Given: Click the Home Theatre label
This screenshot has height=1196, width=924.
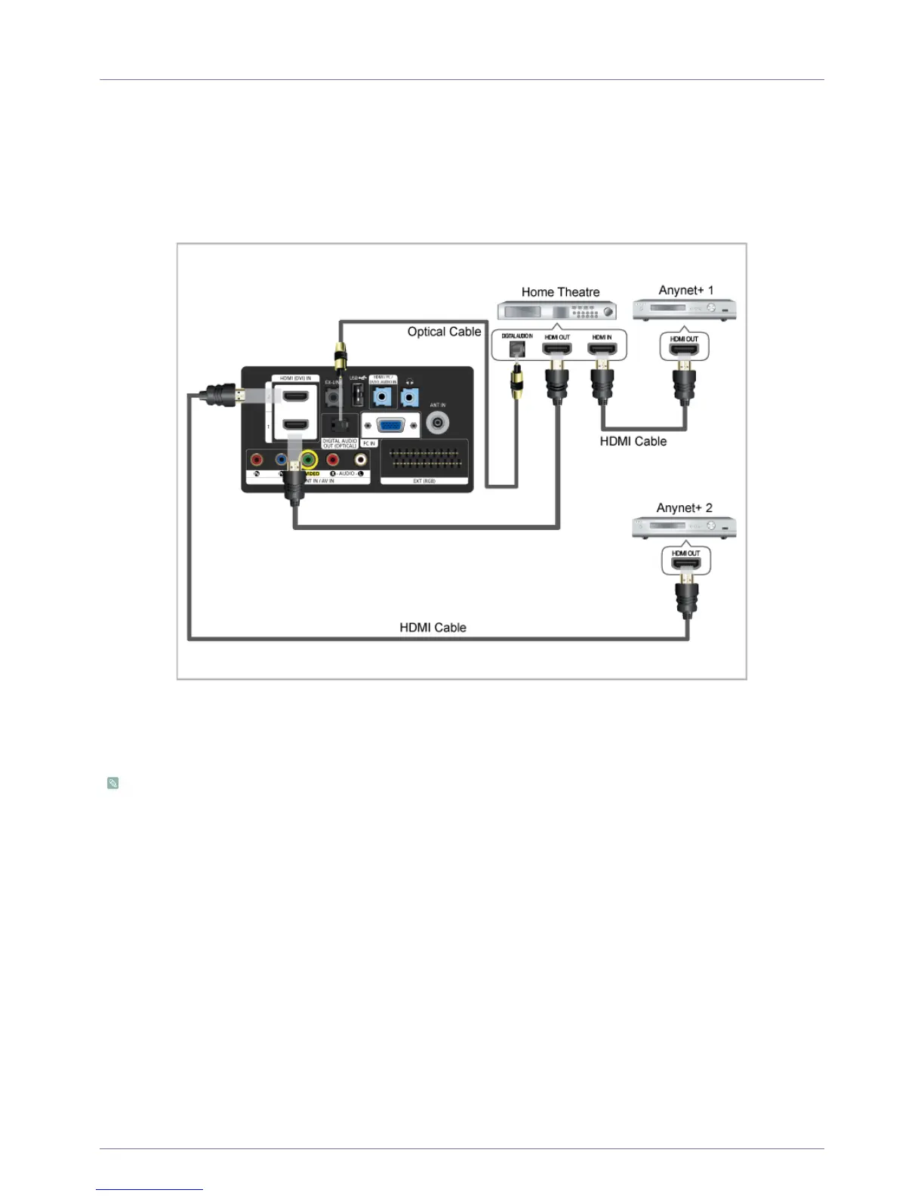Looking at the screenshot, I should tap(560, 292).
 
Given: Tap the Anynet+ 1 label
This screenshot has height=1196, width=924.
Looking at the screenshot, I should tap(685, 291).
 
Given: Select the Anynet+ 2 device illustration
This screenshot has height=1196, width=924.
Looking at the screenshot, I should tap(684, 528).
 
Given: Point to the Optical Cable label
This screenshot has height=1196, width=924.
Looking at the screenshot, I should tap(444, 331).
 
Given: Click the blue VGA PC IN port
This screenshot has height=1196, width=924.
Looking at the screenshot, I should tap(390, 425).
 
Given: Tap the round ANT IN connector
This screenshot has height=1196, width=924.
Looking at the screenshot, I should tap(438, 422).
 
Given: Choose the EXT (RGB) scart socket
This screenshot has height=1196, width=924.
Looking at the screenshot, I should tap(424, 458).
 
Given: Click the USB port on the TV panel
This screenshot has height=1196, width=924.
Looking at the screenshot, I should tap(358, 394).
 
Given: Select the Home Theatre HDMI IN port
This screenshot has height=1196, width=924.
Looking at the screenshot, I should tap(602, 350).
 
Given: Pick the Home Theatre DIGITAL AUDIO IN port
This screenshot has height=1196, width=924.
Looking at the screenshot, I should tap(517, 350).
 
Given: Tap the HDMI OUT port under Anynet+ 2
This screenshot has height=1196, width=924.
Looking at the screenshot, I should tap(685, 564).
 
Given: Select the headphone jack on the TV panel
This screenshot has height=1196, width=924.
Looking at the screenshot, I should tap(409, 396).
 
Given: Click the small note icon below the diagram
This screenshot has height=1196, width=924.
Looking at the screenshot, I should tap(112, 783).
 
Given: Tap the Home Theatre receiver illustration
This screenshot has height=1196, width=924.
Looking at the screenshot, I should tap(556, 310).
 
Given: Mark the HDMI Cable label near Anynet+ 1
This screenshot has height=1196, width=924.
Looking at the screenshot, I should tap(633, 442).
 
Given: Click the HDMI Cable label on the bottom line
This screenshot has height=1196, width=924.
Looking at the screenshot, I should tap(433, 627).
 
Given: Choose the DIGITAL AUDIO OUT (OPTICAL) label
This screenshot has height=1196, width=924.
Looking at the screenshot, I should tap(340, 443).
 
